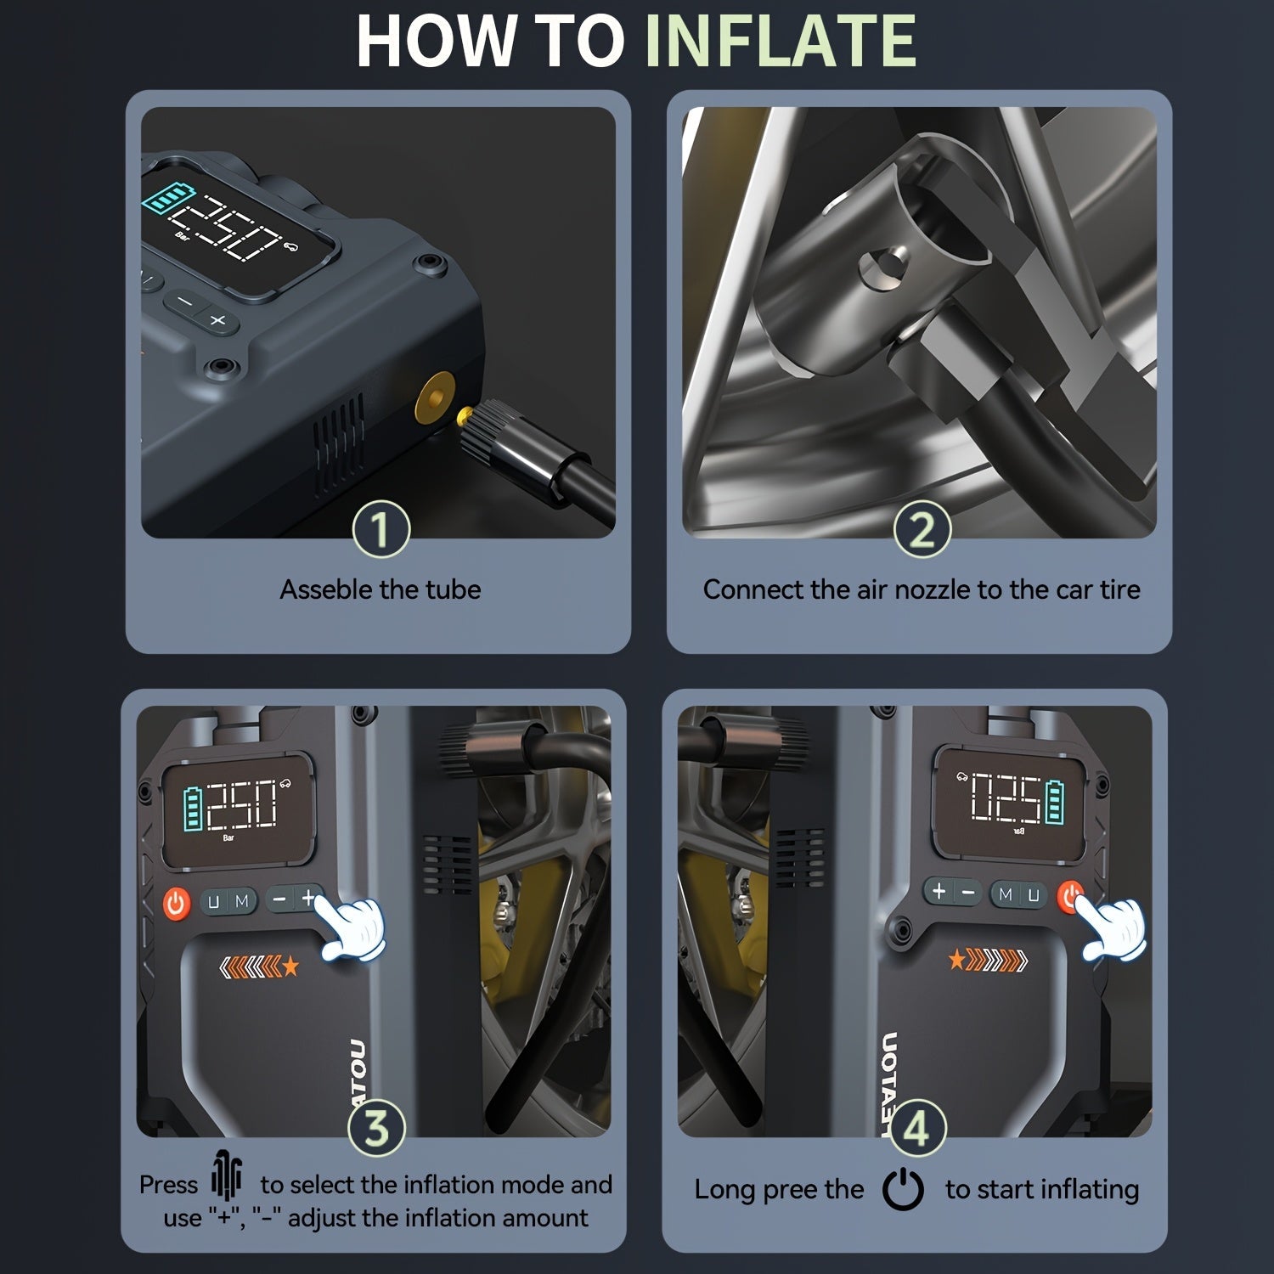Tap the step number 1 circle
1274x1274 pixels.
point(381,529)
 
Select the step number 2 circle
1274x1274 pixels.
point(922,529)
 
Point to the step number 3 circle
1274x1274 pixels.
point(377,1127)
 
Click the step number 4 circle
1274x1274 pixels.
point(916,1127)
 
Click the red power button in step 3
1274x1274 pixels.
point(176,902)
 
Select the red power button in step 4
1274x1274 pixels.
point(1071,895)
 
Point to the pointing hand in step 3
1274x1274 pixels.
point(351,929)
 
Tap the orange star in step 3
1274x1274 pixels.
point(291,966)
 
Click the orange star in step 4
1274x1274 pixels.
point(957,960)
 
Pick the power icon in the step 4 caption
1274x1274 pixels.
point(903,1189)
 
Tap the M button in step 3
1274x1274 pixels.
point(242,901)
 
